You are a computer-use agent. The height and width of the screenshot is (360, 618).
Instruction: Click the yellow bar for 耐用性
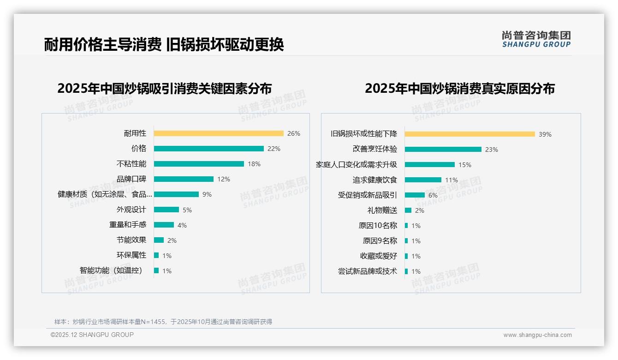[x=219, y=133]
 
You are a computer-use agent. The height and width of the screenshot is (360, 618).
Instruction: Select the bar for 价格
[x=208, y=149]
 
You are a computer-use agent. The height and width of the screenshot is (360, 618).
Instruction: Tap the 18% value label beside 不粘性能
[x=254, y=164]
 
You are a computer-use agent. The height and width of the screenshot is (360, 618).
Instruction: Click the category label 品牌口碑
[x=131, y=179]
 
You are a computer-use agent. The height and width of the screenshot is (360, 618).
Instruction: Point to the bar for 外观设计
[x=166, y=210]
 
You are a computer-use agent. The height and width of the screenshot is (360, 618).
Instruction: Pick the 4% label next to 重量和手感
[x=182, y=225]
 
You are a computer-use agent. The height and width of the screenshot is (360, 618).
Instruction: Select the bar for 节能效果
[x=159, y=240]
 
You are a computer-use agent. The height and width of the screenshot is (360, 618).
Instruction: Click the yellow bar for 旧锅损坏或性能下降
[x=469, y=134]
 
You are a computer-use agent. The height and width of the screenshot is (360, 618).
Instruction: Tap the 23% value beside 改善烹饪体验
[x=492, y=150]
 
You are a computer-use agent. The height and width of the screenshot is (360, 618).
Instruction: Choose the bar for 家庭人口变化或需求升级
[x=429, y=165]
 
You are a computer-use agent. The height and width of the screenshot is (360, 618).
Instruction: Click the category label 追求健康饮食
[x=374, y=180]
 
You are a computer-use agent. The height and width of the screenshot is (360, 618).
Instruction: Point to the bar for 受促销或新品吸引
[x=415, y=195]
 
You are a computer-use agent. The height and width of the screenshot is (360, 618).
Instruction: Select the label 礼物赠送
[x=382, y=210]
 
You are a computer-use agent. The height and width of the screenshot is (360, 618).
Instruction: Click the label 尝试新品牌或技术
[x=367, y=271]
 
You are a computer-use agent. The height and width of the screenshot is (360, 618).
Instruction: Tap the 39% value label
[x=545, y=134]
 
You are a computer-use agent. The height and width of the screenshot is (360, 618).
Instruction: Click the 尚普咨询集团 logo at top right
[x=536, y=39]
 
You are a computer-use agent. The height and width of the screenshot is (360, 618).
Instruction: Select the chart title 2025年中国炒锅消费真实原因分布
[x=459, y=88]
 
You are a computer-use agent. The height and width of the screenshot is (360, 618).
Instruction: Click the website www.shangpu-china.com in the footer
[x=537, y=335]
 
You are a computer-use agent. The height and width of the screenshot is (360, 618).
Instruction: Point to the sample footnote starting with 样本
[x=163, y=322]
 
